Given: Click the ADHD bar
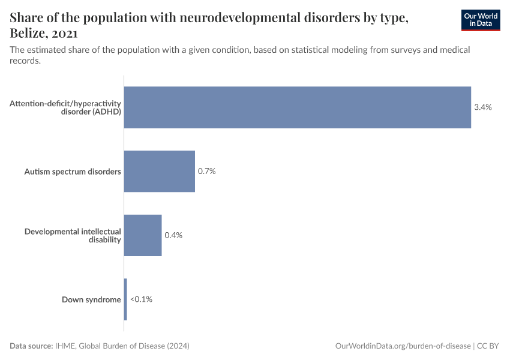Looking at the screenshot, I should (x=297, y=107).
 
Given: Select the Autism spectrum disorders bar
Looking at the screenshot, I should (x=159, y=171).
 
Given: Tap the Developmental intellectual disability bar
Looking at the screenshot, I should (x=143, y=235).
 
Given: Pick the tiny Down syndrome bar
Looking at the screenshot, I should (x=125, y=299).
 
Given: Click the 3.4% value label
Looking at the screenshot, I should (x=483, y=107).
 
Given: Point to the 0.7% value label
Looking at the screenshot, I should (x=207, y=171).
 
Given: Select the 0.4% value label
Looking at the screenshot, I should (x=173, y=235).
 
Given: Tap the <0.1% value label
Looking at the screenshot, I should (x=141, y=299).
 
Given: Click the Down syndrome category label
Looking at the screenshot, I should (x=91, y=299).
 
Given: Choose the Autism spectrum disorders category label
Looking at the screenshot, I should (x=73, y=172).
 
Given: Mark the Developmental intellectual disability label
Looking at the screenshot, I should (x=73, y=235).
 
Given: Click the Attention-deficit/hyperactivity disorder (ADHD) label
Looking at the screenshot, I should (x=65, y=107).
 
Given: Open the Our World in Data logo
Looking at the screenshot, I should (x=481, y=20).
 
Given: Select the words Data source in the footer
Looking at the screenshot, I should (x=31, y=346).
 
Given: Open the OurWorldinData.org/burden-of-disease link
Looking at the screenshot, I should (x=403, y=346).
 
